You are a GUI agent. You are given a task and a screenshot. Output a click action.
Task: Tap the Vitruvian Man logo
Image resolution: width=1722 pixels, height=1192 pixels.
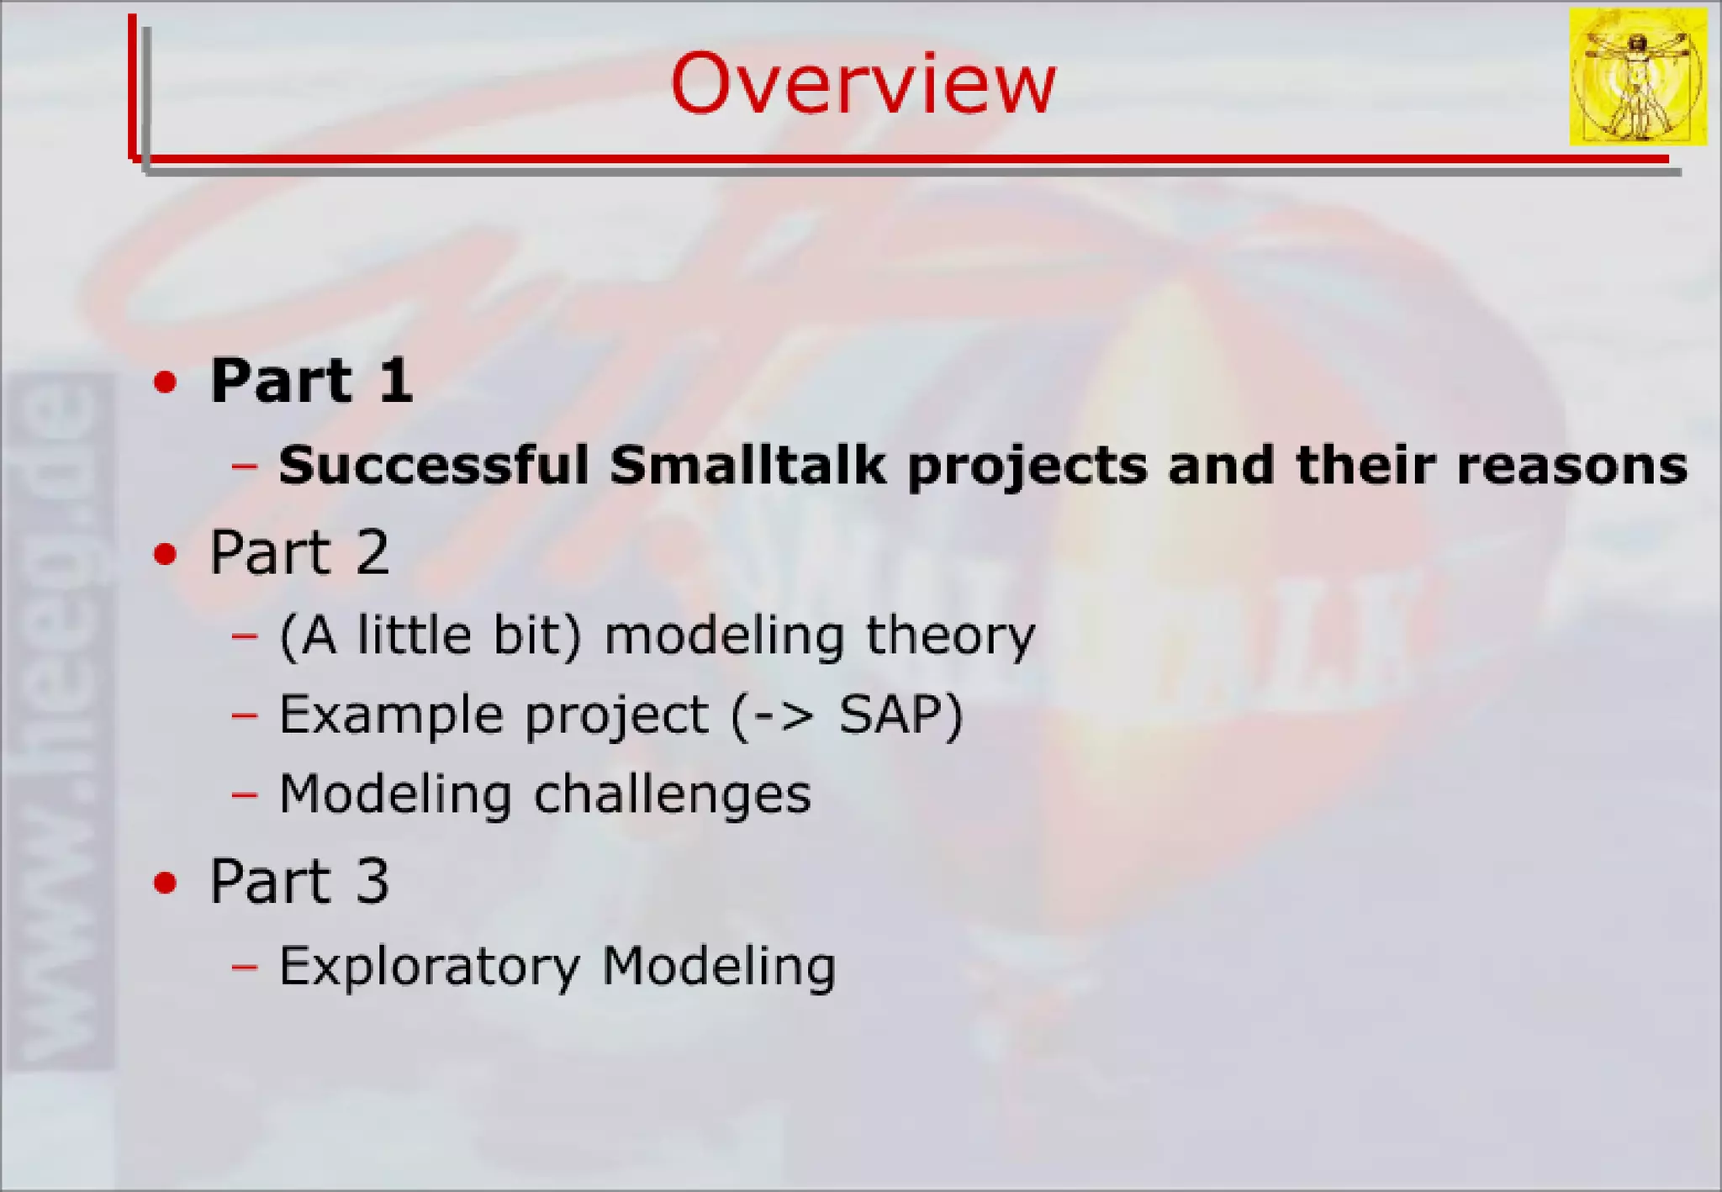[1638, 76]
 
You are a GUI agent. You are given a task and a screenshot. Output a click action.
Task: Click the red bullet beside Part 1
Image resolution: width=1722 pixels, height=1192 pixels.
[166, 382]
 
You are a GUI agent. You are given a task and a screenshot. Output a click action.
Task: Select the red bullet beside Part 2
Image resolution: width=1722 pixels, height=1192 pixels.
[166, 554]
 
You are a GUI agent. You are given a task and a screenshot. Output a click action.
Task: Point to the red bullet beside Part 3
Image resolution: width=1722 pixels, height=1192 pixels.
[166, 883]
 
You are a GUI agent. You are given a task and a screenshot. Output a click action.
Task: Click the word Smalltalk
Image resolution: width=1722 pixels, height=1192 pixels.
[747, 464]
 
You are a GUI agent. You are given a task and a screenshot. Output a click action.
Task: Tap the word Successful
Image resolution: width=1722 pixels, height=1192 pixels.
[434, 464]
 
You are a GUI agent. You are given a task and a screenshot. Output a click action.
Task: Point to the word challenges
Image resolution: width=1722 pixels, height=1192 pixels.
[673, 794]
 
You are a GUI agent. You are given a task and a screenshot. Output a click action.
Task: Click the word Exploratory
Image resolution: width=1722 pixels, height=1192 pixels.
[430, 967]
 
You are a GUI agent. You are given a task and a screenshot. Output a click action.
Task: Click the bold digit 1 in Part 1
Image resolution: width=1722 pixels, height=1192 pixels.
[395, 380]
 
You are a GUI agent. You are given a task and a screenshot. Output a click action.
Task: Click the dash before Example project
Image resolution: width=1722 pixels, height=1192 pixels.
[245, 715]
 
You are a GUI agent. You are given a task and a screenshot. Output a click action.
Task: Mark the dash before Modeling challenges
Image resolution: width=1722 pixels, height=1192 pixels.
[245, 794]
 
